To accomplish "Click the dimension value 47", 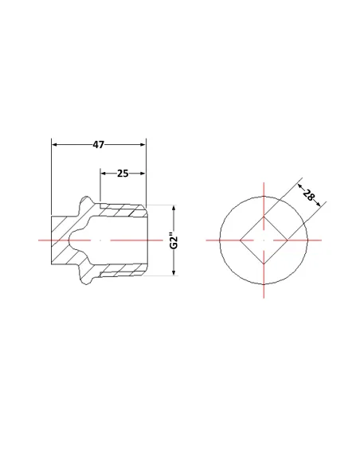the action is (x=99, y=144).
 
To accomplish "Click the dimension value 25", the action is (x=123, y=174).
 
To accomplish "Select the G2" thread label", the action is (x=174, y=240).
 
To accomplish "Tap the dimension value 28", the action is (x=308, y=195).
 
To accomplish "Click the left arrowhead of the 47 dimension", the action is (x=54, y=144).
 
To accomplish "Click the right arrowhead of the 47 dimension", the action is (x=143, y=144).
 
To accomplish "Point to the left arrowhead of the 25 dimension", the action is (x=104, y=174).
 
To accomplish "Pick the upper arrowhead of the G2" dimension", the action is (x=174, y=208).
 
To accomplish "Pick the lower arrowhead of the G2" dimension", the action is (x=174, y=272).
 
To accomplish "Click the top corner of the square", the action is (x=264, y=217).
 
